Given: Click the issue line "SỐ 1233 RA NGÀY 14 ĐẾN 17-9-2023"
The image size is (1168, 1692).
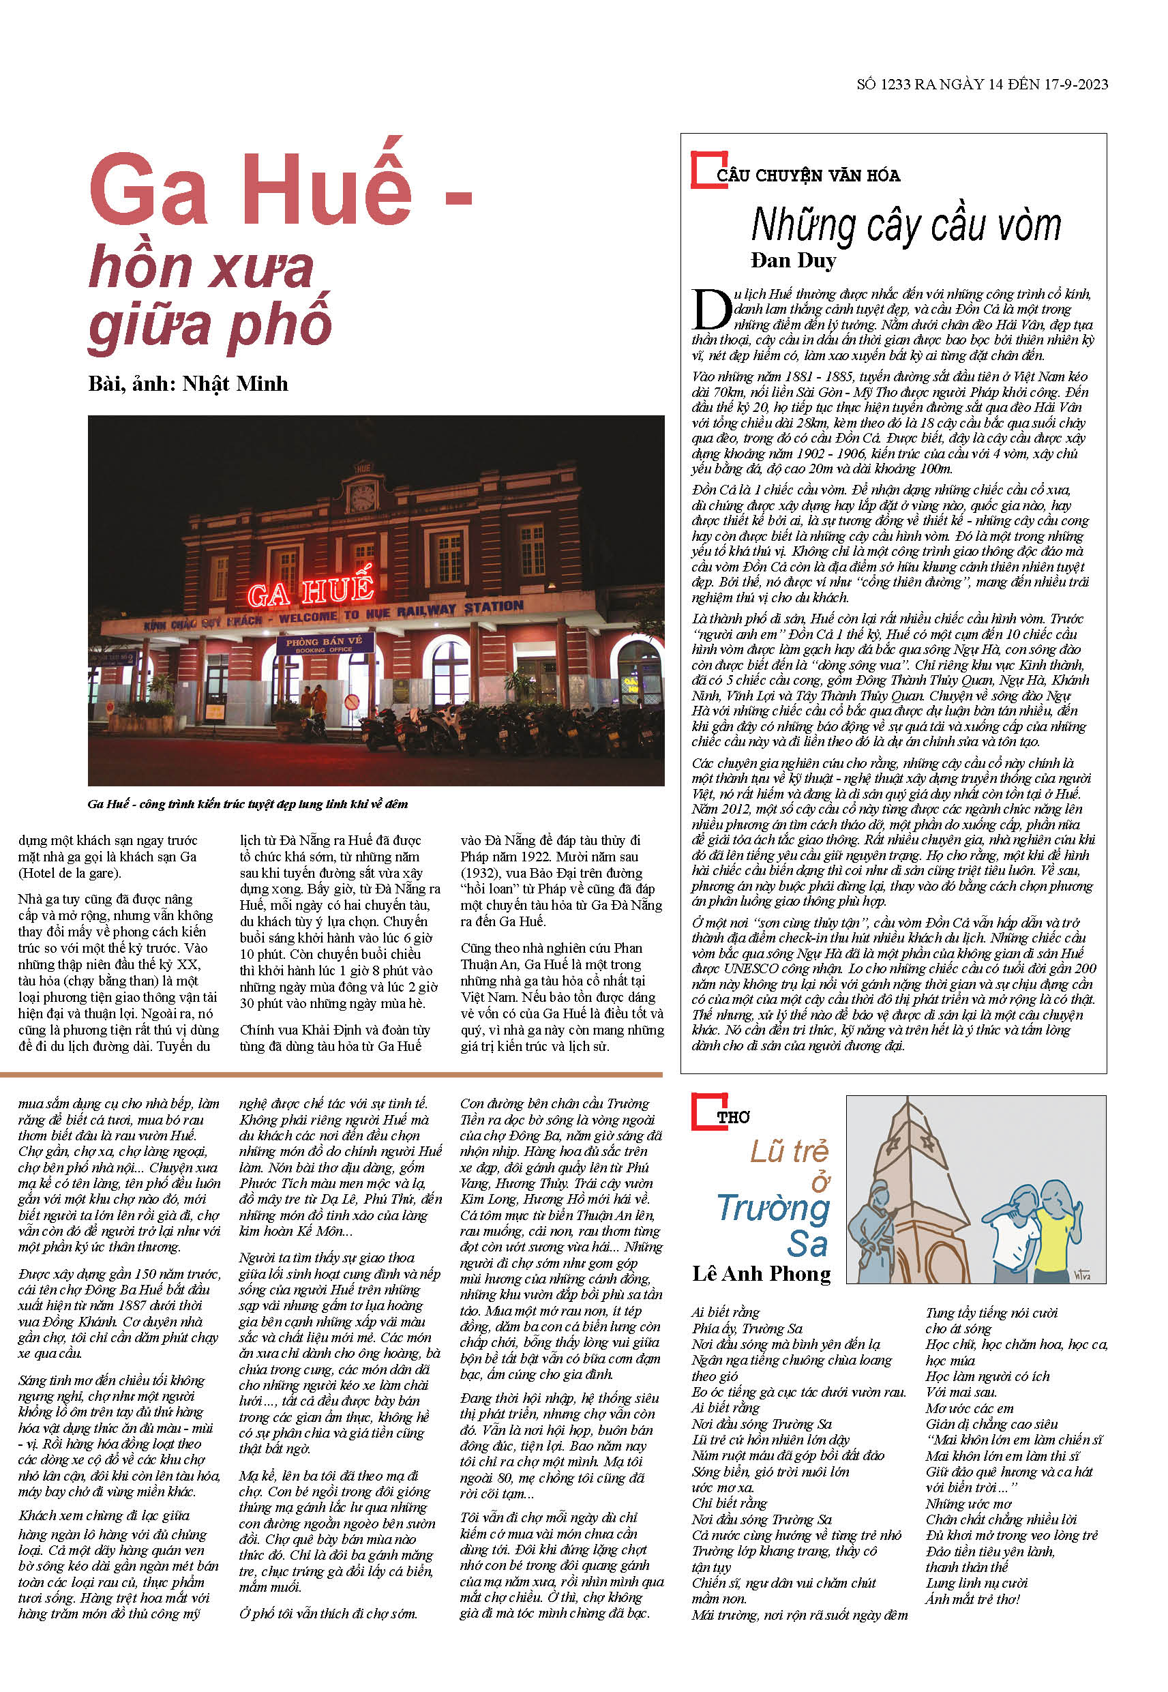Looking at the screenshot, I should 981,85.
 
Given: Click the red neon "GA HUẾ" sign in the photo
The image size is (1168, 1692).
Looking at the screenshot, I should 311,589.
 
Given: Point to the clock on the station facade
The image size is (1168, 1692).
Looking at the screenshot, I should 362,498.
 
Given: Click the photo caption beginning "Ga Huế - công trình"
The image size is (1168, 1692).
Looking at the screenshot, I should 248,804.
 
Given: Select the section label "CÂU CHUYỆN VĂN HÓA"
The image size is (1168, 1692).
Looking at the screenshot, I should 808,176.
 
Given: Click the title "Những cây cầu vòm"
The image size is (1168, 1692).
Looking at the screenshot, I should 906,226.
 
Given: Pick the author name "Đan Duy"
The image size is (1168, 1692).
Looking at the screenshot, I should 793,261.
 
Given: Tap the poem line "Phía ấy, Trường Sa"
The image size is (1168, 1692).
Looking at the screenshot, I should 747,1329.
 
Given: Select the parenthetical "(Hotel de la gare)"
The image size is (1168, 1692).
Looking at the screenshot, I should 70,873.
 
